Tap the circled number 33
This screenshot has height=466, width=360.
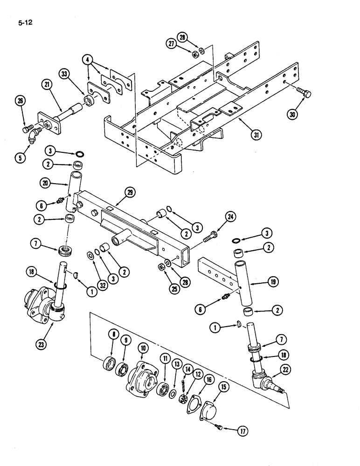[x=65, y=75]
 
